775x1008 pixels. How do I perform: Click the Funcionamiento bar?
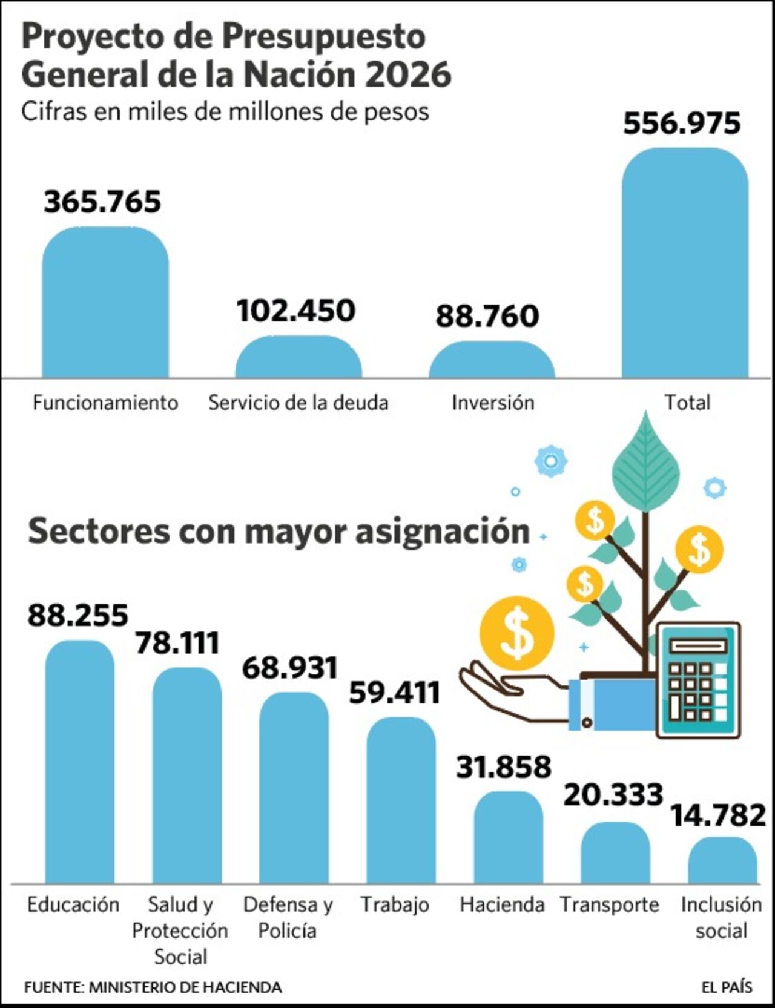[x=105, y=303]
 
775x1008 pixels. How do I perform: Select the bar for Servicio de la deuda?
[x=298, y=358]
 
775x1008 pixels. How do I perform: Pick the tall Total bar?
[x=685, y=263]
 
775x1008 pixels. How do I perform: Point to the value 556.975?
[x=682, y=123]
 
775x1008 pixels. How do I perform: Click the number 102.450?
[x=296, y=311]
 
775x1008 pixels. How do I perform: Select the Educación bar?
[x=80, y=762]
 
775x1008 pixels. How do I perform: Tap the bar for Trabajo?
[x=401, y=800]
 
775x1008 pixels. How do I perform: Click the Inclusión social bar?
[x=722, y=860]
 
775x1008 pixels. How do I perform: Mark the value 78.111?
[x=177, y=643]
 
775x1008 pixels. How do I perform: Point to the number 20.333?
[x=613, y=795]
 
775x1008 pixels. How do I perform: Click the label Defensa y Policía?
[x=288, y=917]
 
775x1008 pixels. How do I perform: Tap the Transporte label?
[x=609, y=904]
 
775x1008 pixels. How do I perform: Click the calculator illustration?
[x=698, y=679]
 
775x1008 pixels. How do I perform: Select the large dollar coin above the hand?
[x=516, y=633]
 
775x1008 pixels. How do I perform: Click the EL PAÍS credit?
[x=727, y=987]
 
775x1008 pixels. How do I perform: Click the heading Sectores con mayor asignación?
[x=279, y=531]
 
